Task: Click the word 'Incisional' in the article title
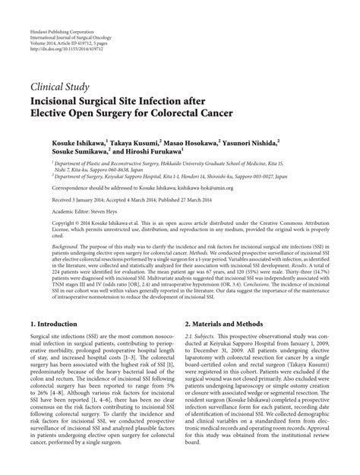pyautogui.click(x=59, y=102)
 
